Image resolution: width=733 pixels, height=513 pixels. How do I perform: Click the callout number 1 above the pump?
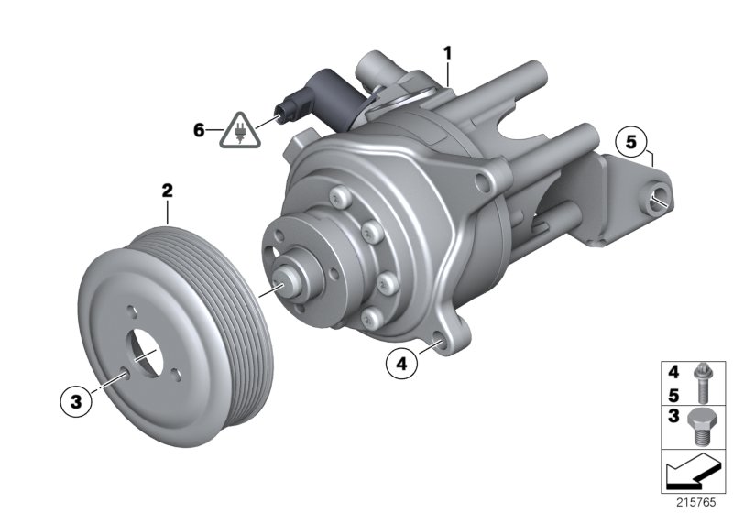pos(447,52)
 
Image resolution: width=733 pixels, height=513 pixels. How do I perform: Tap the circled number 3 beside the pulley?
pos(77,399)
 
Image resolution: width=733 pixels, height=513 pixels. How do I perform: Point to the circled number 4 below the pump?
pos(399,364)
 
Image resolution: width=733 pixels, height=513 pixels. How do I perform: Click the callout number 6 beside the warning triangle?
pos(199,130)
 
